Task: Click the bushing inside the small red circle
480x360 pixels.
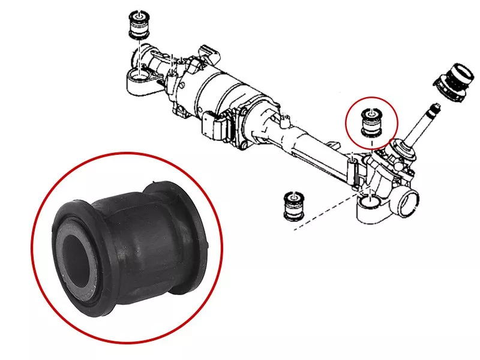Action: click(x=371, y=123)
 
